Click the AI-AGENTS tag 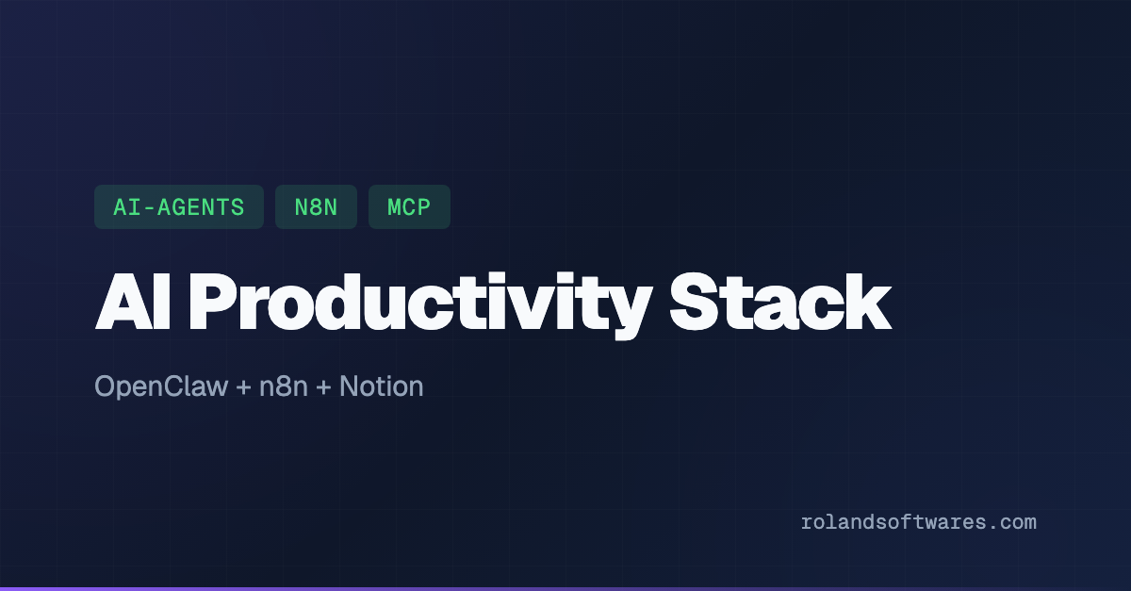[178, 207]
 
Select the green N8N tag [316, 207]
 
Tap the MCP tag [409, 207]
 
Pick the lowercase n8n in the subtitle [282, 386]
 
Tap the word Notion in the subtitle [381, 386]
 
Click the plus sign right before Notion [323, 387]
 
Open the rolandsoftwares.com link [918, 522]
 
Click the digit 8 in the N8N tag [316, 207]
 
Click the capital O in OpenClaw [106, 386]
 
